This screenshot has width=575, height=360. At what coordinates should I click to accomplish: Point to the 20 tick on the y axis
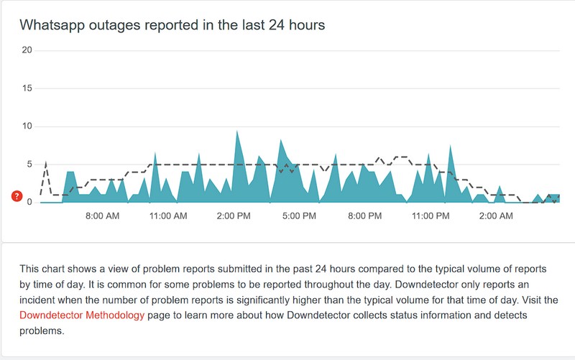coord(27,50)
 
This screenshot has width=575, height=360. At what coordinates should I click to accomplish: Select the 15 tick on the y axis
coord(27,88)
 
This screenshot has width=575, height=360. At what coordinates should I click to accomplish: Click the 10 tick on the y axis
coord(27,126)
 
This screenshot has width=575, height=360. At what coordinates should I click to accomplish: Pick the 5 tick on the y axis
coord(29,165)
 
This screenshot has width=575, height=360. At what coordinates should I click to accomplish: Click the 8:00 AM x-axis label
coord(102,216)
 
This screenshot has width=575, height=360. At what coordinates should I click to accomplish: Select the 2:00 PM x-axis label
coord(233,216)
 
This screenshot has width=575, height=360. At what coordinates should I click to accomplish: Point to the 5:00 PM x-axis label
coord(298,216)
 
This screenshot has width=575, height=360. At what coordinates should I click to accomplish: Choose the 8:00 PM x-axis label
coord(364,216)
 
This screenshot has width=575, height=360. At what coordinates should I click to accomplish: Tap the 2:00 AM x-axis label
coord(495,216)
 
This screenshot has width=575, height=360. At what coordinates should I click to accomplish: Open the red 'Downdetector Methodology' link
coord(83,316)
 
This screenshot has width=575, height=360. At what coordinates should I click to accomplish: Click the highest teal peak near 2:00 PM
coord(237,131)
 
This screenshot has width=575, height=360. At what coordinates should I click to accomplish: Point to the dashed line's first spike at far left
coord(47,162)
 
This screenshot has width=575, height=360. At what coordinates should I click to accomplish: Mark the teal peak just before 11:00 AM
coord(155,153)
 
